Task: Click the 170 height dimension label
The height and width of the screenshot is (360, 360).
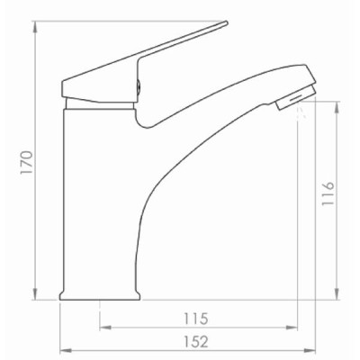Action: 26,162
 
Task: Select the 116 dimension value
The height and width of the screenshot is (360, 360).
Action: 328,193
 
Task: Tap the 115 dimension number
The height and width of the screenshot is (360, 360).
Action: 196,319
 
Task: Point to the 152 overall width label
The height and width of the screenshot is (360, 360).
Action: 196,342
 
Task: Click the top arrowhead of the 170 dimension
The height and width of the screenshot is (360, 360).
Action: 35,27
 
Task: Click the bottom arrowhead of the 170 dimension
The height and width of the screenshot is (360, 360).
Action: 35,294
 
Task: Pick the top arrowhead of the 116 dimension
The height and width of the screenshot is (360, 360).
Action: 337,107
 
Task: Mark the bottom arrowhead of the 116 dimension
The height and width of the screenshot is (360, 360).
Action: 337,294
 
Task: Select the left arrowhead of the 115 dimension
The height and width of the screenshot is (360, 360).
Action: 105,328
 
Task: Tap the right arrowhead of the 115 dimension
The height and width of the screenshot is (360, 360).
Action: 292,328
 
